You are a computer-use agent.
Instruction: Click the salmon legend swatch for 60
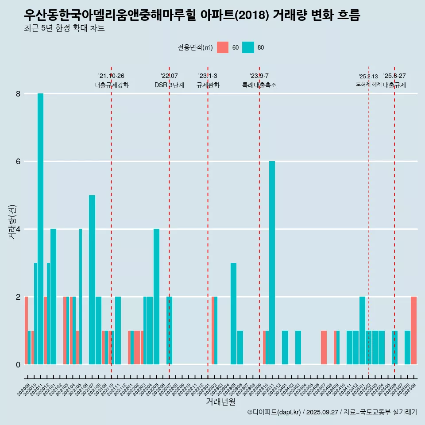(x=223, y=47)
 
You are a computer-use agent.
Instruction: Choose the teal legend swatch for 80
(x=248, y=47)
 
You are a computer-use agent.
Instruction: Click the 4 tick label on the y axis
(x=18, y=229)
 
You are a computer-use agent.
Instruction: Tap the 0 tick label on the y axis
(x=18, y=365)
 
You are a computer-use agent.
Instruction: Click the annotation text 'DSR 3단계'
(x=169, y=85)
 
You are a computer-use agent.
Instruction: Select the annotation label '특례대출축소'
(x=259, y=85)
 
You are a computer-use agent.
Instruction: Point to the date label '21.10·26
(x=111, y=76)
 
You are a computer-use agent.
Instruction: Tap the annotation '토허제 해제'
(x=368, y=84)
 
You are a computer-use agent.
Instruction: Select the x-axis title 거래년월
(x=220, y=402)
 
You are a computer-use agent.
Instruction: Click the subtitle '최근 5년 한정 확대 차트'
(x=65, y=28)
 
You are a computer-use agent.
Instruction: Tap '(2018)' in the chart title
(x=252, y=15)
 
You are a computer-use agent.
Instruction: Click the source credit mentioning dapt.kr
(x=332, y=412)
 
